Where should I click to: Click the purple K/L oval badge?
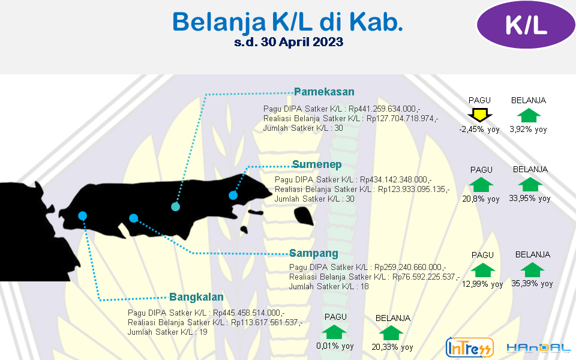click(x=526, y=25)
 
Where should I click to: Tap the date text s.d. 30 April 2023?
click(x=289, y=42)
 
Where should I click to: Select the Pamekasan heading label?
click(x=324, y=91)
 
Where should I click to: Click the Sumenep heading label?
click(x=317, y=164)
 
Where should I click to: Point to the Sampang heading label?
click(x=314, y=253)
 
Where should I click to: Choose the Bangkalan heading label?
click(x=196, y=297)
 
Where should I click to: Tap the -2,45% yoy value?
click(x=479, y=130)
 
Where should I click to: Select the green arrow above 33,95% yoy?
click(x=530, y=184)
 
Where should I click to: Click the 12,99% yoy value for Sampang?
click(x=482, y=284)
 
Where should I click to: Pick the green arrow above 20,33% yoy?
click(x=391, y=333)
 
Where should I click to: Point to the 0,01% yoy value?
click(x=335, y=346)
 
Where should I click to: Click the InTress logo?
click(x=469, y=347)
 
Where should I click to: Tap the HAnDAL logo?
click(x=539, y=347)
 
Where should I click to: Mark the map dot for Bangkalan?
click(x=82, y=215)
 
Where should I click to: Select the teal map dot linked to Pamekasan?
click(x=176, y=206)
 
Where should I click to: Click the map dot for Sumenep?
click(x=233, y=195)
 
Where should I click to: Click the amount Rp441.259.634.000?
click(x=382, y=109)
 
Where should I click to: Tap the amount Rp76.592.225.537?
click(x=424, y=277)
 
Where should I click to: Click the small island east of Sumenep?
click(x=304, y=216)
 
